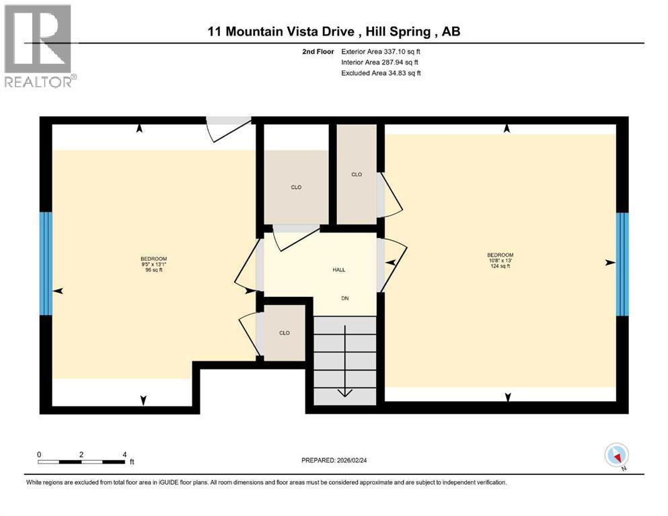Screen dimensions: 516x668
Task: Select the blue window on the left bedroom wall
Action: tap(45, 263)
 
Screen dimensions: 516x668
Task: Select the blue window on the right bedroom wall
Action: tap(622, 263)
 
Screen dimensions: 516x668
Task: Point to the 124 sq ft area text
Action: tap(500, 266)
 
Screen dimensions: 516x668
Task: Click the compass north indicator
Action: tap(616, 456)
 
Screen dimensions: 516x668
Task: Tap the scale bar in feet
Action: tap(81, 461)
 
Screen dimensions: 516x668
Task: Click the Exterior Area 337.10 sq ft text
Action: tap(381, 51)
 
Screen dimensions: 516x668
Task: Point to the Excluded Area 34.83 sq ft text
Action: tap(381, 73)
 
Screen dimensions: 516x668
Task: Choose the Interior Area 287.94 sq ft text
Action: tap(379, 62)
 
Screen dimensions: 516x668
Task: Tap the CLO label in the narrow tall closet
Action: tap(357, 175)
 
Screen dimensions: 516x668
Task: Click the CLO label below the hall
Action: tap(285, 333)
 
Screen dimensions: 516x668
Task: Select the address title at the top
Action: tap(334, 32)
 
